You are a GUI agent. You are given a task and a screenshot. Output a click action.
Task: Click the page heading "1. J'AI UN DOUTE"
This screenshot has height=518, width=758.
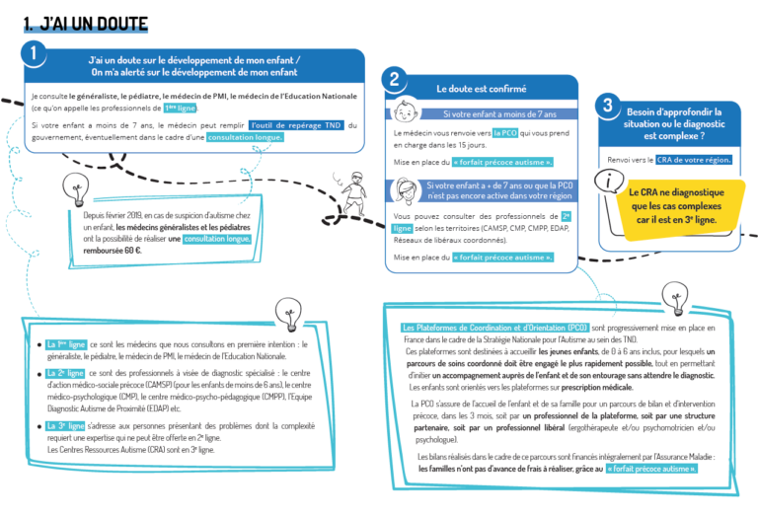tap(86, 24)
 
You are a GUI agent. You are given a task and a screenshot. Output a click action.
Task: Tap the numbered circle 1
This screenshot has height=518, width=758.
tap(34, 53)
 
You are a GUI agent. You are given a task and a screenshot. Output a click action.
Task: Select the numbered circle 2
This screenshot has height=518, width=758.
tap(395, 79)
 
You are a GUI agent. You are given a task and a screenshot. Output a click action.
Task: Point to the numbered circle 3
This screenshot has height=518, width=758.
tap(608, 106)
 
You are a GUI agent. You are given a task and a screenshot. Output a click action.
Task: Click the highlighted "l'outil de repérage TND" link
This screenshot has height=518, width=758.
tap(296, 125)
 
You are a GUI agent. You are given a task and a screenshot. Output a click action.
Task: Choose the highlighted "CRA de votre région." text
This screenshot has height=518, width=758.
tap(694, 160)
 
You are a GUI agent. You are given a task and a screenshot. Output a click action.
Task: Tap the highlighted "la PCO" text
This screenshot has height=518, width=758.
tap(505, 133)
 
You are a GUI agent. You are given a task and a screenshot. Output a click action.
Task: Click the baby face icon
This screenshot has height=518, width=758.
tap(405, 112)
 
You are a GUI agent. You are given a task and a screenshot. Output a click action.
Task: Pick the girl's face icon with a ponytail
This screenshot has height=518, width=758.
tap(406, 190)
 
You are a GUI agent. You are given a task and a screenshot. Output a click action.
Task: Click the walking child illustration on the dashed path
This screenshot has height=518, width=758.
tap(353, 193)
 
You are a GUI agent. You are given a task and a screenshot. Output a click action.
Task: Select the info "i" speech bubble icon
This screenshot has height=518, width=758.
tap(609, 181)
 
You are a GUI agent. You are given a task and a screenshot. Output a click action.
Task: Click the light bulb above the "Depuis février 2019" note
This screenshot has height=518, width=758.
tap(76, 189)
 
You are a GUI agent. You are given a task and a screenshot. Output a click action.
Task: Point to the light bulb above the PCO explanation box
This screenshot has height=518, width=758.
tap(675, 299)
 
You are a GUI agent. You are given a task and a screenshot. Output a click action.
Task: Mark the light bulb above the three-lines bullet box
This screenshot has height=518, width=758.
tap(288, 315)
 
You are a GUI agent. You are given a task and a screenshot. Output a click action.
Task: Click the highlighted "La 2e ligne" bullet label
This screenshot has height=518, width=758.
tap(66, 373)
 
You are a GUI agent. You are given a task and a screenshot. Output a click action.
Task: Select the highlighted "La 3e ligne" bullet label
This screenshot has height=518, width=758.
tap(66, 425)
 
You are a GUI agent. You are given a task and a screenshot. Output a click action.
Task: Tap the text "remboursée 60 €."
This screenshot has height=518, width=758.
tap(113, 251)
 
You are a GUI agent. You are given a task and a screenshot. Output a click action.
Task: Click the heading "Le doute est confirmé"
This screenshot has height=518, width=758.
tap(481, 89)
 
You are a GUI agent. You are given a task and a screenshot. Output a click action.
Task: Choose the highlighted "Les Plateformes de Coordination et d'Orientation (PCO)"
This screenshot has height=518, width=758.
tap(495, 328)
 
